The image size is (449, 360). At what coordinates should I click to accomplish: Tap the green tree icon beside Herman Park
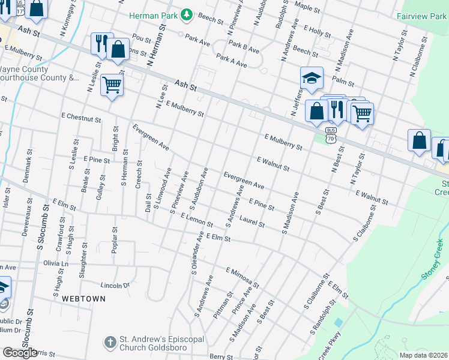[187, 14]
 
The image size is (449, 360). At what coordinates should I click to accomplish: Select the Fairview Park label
[421, 16]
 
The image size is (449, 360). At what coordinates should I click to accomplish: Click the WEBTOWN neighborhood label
[83, 298]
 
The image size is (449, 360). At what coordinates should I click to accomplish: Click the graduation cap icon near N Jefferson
[312, 78]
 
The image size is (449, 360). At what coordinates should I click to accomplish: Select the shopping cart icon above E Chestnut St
[112, 85]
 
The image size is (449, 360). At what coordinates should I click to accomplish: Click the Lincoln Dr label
[115, 285]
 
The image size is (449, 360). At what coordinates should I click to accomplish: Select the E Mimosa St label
[242, 277]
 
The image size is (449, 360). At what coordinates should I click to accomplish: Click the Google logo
[20, 353]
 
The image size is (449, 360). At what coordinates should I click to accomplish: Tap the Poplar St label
[113, 237]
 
